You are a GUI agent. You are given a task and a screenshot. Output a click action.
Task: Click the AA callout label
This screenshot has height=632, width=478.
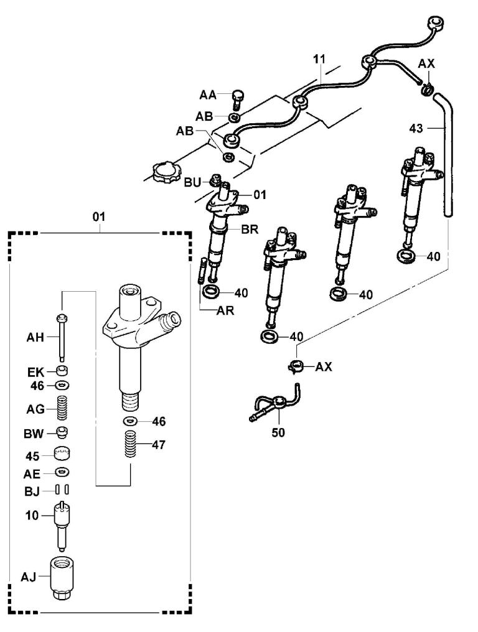(x=207, y=95)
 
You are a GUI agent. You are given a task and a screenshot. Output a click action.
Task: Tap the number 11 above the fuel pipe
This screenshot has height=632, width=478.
(x=319, y=60)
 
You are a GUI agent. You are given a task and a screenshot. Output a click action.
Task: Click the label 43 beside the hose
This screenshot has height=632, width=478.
(x=416, y=128)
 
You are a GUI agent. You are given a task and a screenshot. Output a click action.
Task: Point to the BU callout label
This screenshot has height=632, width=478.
(x=192, y=182)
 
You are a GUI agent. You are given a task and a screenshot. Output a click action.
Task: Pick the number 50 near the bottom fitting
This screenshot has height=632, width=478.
(x=278, y=433)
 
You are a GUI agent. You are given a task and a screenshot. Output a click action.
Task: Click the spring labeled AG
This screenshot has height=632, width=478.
(x=62, y=409)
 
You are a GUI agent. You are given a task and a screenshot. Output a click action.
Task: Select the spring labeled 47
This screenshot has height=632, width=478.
(x=129, y=448)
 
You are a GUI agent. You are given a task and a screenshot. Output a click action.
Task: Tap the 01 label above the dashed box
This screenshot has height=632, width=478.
(x=99, y=216)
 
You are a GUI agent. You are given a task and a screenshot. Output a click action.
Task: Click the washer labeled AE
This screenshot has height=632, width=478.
(x=62, y=472)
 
